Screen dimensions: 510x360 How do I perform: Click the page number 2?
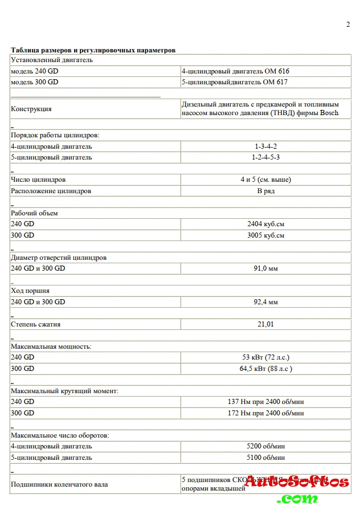tap(348, 24)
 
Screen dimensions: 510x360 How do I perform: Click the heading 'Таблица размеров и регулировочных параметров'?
tap(93, 50)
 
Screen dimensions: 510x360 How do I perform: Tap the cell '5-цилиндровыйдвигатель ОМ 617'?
tap(234, 82)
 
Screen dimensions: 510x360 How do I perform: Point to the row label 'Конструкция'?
tap(31, 109)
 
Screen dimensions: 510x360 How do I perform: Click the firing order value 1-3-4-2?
tap(265, 146)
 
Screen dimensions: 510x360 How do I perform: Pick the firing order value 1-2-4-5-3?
tap(265, 157)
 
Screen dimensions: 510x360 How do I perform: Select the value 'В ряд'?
tap(265, 191)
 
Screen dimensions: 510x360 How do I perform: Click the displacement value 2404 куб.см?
tap(265, 224)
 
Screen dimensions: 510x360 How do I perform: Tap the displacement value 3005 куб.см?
tap(265, 235)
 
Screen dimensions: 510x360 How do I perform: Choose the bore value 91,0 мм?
tap(265, 268)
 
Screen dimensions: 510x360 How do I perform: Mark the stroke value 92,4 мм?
tap(265, 302)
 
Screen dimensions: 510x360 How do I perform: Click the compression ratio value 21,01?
tap(265, 324)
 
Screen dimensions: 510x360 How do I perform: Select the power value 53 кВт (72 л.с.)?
tap(265, 357)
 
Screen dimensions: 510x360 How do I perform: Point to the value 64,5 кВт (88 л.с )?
tap(265, 369)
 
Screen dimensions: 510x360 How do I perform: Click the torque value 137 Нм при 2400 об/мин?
tap(265, 402)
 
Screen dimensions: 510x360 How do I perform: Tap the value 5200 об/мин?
tap(265, 446)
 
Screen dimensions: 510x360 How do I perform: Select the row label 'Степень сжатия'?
tap(36, 324)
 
